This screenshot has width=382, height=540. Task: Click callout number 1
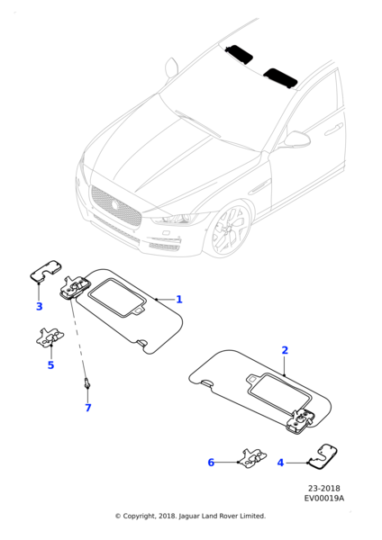click(x=179, y=300)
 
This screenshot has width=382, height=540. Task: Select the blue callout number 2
click(x=285, y=350)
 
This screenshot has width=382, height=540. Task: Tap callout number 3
click(x=40, y=306)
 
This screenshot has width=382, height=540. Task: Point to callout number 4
click(x=280, y=463)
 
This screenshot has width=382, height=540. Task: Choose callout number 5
click(x=50, y=364)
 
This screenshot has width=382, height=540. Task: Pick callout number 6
click(x=211, y=463)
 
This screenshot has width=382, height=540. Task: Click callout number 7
click(x=88, y=408)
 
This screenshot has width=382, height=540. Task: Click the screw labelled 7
click(x=86, y=383)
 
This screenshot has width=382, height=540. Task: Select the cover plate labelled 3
click(x=46, y=271)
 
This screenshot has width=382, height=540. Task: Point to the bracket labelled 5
click(x=50, y=337)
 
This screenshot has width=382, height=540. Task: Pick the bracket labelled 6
click(x=253, y=458)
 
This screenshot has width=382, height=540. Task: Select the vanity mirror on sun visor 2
click(x=279, y=390)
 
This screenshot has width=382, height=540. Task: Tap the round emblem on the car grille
click(x=114, y=205)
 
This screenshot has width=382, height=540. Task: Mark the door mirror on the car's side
click(x=296, y=139)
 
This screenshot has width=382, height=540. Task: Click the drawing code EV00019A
click(x=324, y=499)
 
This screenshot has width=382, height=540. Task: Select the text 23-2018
click(x=324, y=489)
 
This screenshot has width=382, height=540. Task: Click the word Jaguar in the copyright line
click(x=189, y=517)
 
